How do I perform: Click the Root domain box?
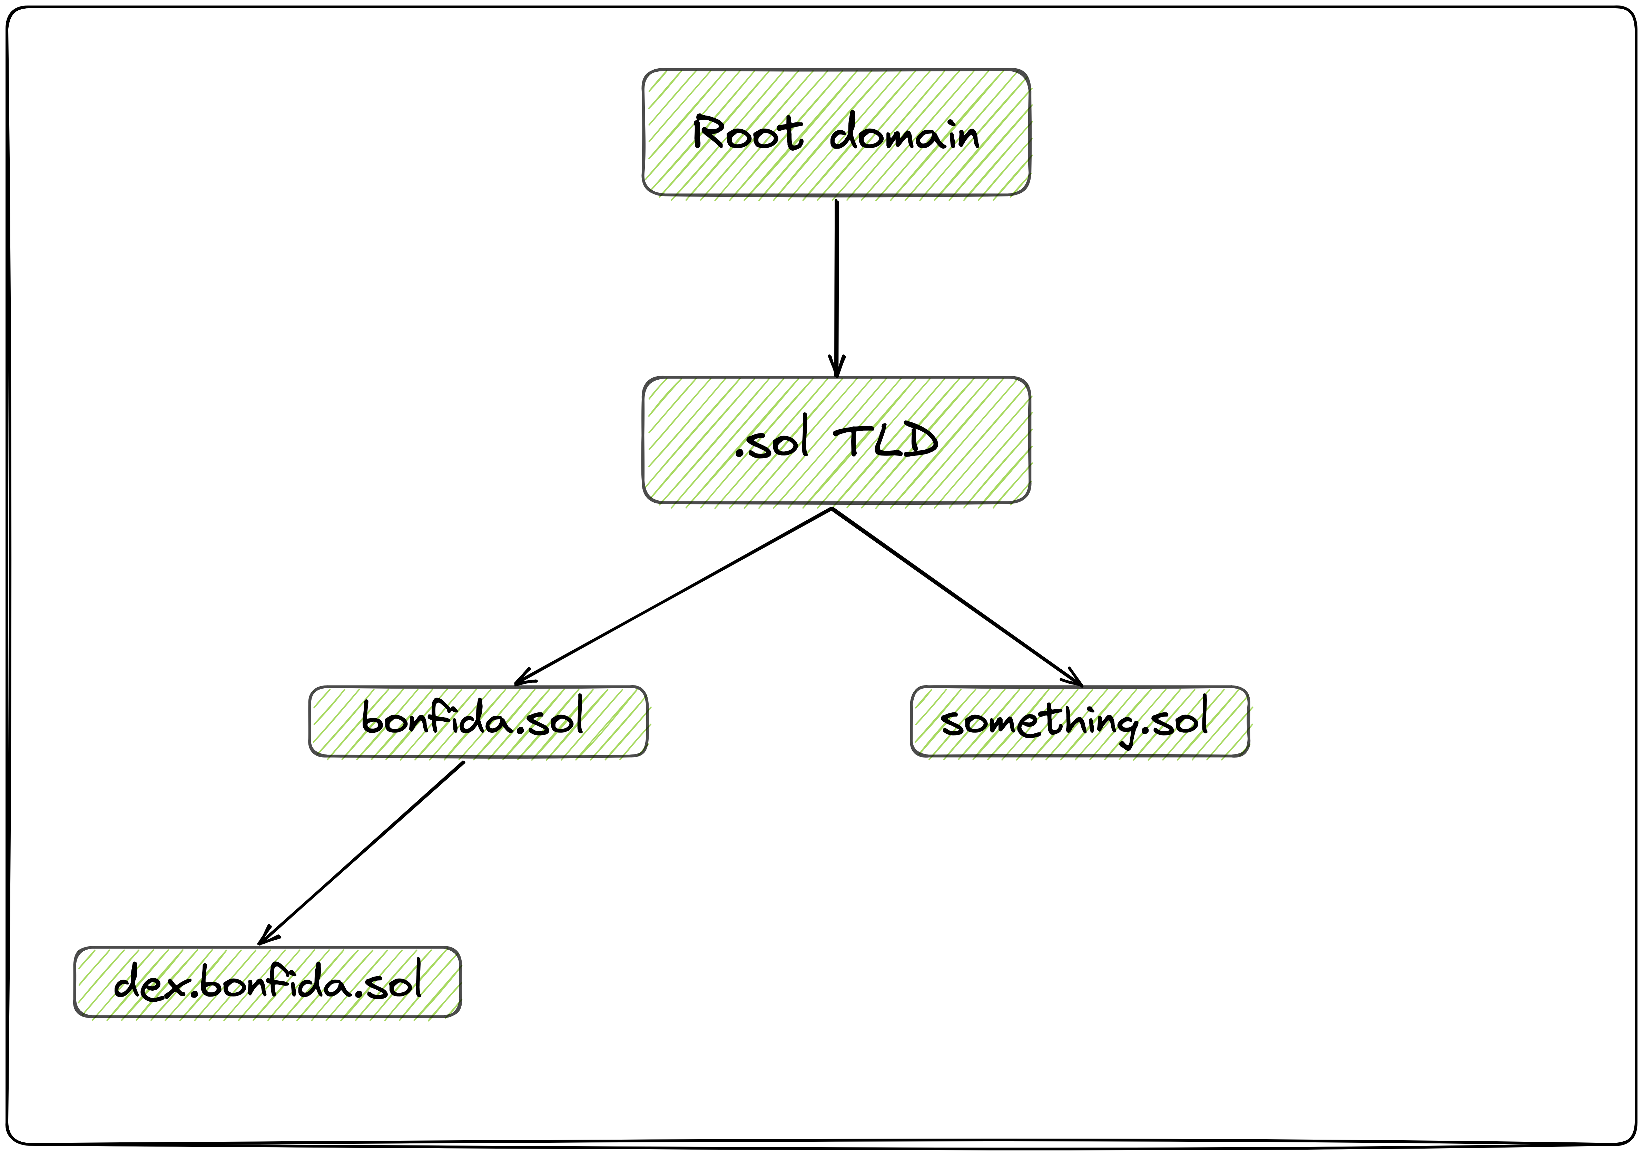pos(836,132)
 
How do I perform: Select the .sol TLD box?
pos(836,440)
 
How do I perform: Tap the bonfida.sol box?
pos(478,721)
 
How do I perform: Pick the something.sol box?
pos(1080,721)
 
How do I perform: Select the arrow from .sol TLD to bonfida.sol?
pos(673,595)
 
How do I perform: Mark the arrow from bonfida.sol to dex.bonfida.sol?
pos(361,853)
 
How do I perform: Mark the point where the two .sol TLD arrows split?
pos(832,509)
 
